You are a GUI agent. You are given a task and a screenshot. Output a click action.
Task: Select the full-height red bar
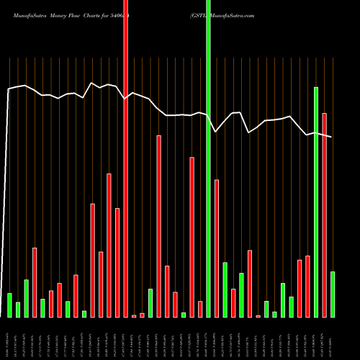[x=125, y=158]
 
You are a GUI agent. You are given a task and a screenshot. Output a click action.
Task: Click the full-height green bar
[x=208, y=158]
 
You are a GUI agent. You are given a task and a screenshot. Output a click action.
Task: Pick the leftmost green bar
[x=9, y=305]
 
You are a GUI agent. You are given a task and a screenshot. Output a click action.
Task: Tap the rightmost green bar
[x=332, y=294]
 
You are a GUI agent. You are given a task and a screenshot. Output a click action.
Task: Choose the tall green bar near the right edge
[x=315, y=202]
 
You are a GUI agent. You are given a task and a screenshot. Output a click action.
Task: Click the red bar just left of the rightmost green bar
[x=324, y=215]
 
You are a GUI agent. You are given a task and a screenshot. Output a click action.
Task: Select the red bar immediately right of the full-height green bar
[x=216, y=248]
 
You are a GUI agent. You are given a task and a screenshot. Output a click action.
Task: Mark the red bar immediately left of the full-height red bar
[x=117, y=262]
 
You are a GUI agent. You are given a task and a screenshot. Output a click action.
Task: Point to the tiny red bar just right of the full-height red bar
[x=134, y=315]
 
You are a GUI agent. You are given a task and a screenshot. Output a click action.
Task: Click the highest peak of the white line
[x=91, y=83]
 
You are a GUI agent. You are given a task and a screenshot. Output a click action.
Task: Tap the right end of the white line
[x=331, y=137]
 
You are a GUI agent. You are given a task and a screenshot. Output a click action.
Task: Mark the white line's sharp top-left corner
[x=8, y=89]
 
